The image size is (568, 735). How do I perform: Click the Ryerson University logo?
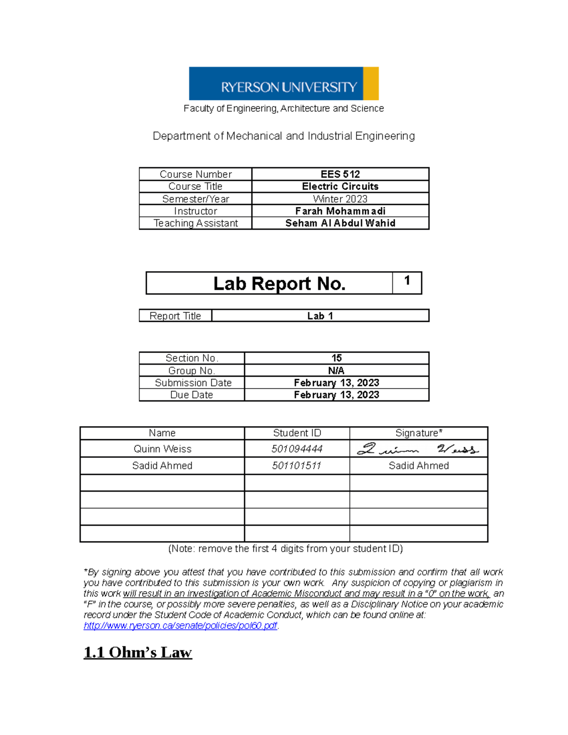284,83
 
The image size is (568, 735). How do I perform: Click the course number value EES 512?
340,174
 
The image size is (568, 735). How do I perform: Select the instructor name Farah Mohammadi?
340,211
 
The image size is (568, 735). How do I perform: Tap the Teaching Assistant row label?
195,223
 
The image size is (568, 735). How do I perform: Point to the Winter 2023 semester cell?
340,199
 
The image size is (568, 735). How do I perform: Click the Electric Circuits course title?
340,186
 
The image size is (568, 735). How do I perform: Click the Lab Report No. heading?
279,283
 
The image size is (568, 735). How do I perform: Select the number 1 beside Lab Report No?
407,281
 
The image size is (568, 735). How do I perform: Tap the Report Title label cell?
175,316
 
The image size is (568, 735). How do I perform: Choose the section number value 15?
336,358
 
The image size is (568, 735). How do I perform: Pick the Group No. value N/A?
336,371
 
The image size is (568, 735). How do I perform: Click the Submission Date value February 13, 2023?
336,383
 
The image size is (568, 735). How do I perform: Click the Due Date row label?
191,395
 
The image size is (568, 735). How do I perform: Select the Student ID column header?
297,433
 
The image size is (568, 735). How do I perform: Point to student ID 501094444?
297,449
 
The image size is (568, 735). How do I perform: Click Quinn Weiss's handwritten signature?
417,449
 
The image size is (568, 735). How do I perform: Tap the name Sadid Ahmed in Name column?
162,466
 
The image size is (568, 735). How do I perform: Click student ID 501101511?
297,466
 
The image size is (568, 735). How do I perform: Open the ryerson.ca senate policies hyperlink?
180,626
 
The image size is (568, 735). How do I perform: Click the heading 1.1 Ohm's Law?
138,652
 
